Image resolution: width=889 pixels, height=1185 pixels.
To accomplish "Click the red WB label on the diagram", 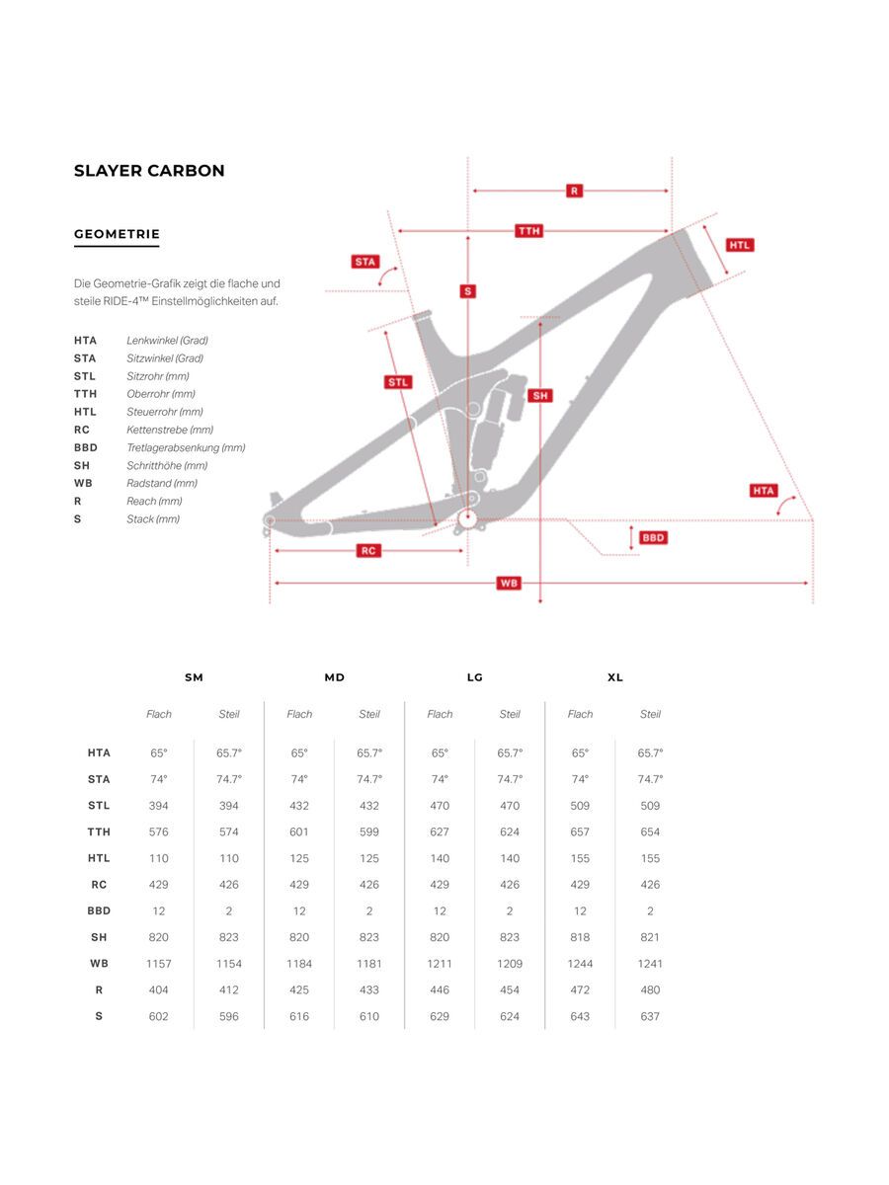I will click(509, 584).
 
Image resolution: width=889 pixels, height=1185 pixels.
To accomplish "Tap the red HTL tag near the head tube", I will click(740, 245).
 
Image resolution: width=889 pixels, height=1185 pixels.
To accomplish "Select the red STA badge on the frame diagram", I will click(365, 262).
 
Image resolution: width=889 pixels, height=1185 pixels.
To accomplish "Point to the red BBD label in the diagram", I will click(653, 538).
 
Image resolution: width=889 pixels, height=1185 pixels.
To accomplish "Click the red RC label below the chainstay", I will click(368, 551).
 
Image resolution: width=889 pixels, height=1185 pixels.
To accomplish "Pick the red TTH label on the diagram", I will click(529, 231).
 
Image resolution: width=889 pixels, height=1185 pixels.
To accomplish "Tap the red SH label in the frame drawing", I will click(540, 396).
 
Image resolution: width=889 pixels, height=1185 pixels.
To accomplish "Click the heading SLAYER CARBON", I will click(149, 171).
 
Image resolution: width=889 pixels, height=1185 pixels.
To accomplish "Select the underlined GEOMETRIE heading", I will click(117, 235).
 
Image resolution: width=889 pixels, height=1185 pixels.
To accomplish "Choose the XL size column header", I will click(615, 677).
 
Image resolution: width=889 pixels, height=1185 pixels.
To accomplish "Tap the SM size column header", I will click(194, 677).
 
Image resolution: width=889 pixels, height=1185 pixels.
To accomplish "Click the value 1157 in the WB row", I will click(159, 964).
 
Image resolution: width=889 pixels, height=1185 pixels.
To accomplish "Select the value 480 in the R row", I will click(650, 989).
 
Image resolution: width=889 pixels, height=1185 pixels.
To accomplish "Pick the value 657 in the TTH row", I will click(580, 832).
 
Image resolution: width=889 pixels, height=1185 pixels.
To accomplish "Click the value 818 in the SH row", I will click(580, 937).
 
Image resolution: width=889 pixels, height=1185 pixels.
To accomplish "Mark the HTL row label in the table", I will click(99, 858).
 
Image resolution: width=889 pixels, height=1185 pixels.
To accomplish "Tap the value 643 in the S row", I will click(580, 1016).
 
